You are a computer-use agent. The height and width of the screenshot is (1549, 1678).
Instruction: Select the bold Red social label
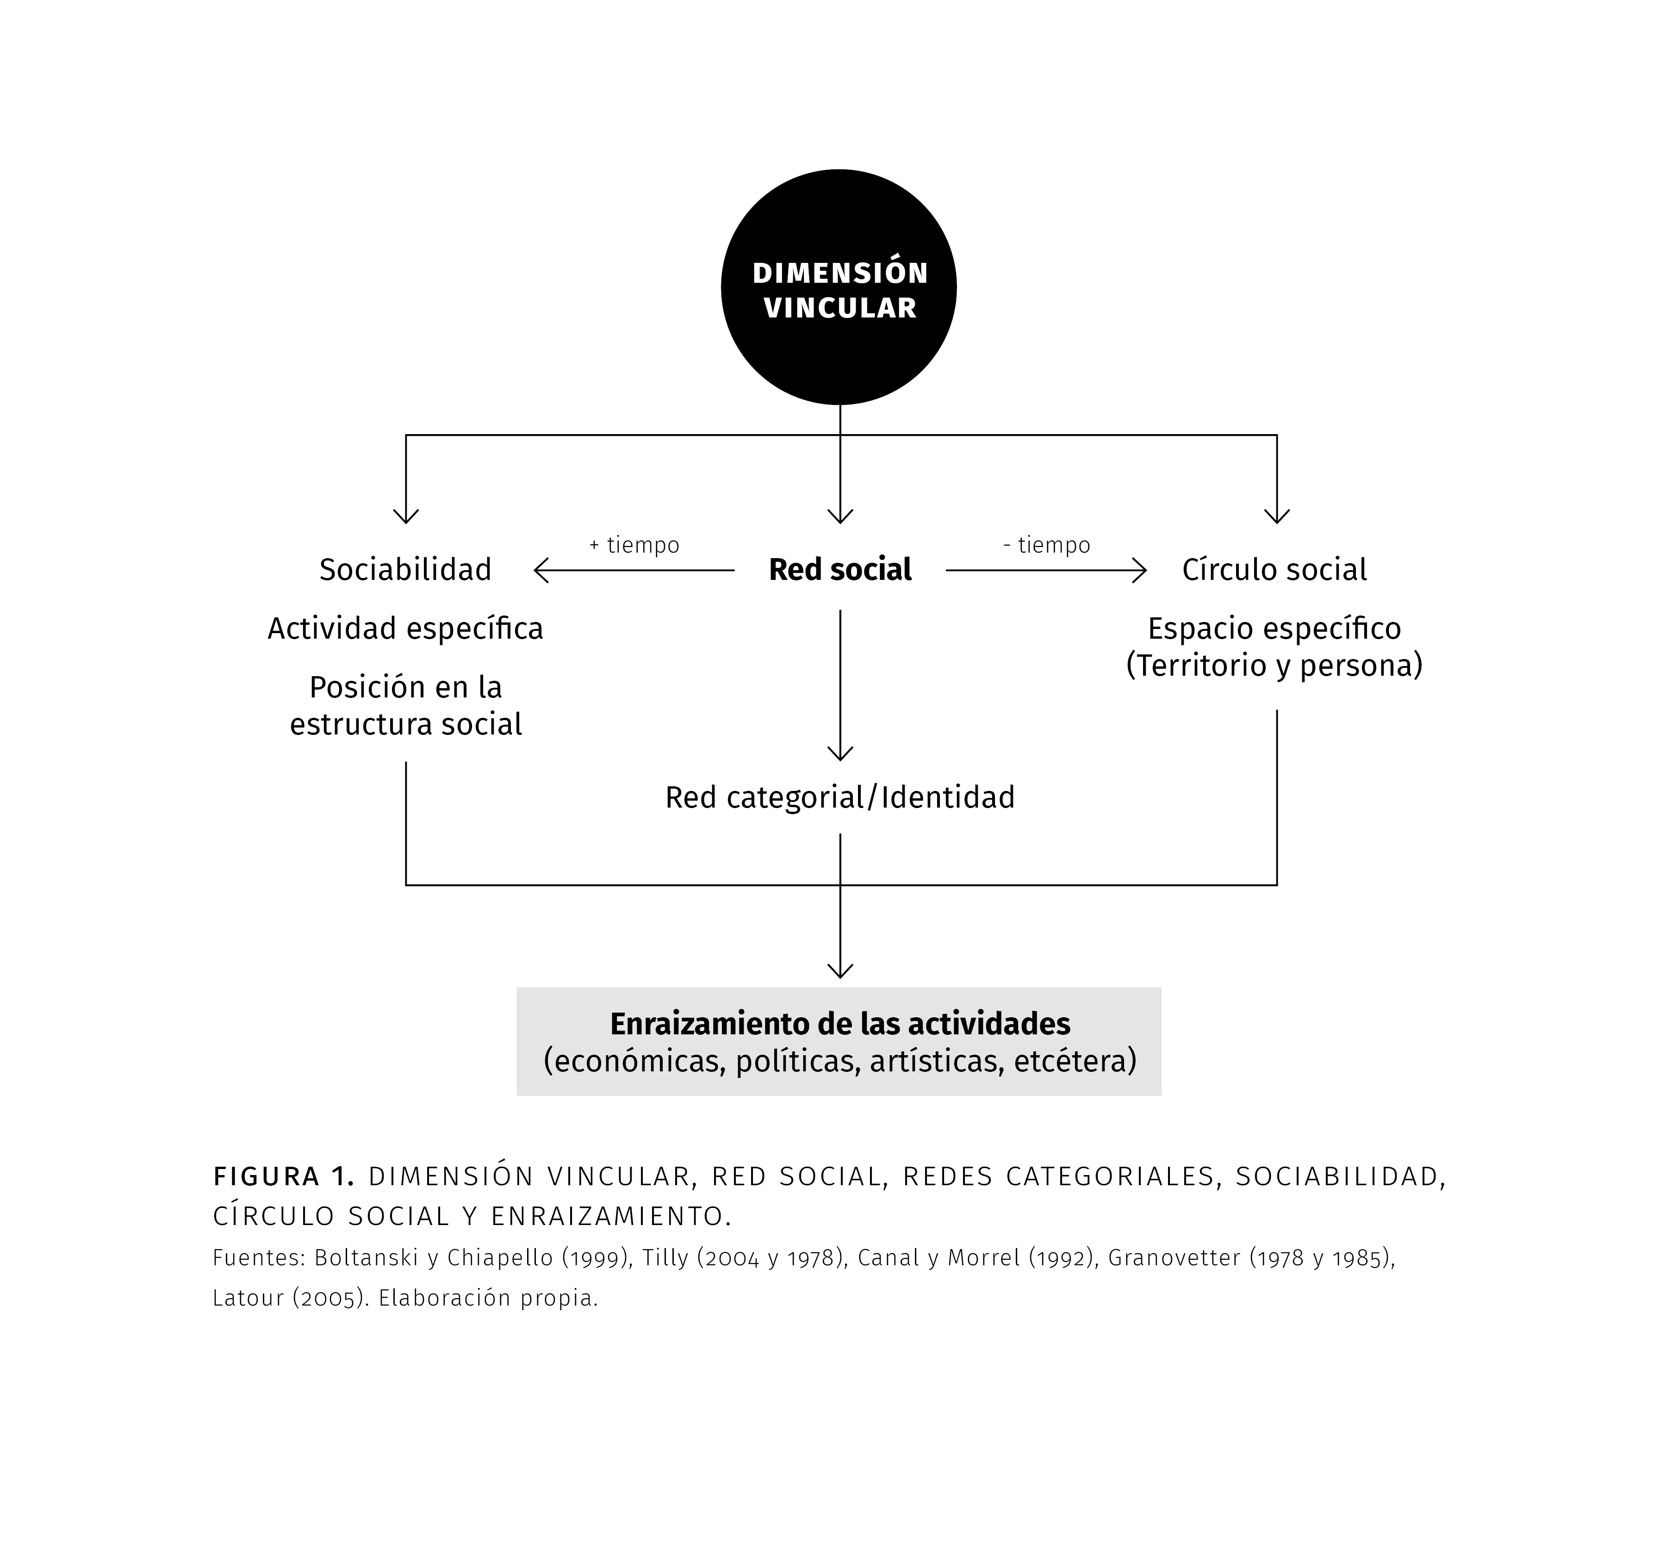[840, 570]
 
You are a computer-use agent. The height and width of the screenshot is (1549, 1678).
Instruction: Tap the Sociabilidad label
[406, 570]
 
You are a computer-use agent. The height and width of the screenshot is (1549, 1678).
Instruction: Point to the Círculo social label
[1274, 570]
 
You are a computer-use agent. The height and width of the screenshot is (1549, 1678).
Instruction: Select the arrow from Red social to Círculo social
[1046, 571]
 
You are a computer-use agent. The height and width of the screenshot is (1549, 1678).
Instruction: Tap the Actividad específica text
[406, 628]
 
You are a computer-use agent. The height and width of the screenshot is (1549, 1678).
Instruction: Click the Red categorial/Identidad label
[840, 797]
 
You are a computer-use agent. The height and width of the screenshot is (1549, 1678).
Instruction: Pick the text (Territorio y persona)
[1274, 666]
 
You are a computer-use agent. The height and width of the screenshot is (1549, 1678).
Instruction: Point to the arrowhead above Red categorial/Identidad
[840, 753]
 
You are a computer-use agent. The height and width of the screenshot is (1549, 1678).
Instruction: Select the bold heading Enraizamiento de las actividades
[840, 1024]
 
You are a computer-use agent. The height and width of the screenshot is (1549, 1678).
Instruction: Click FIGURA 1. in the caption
[284, 1177]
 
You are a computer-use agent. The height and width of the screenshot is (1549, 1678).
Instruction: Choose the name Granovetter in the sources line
[1174, 1258]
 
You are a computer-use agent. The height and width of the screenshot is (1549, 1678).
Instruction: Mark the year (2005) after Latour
[330, 1298]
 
